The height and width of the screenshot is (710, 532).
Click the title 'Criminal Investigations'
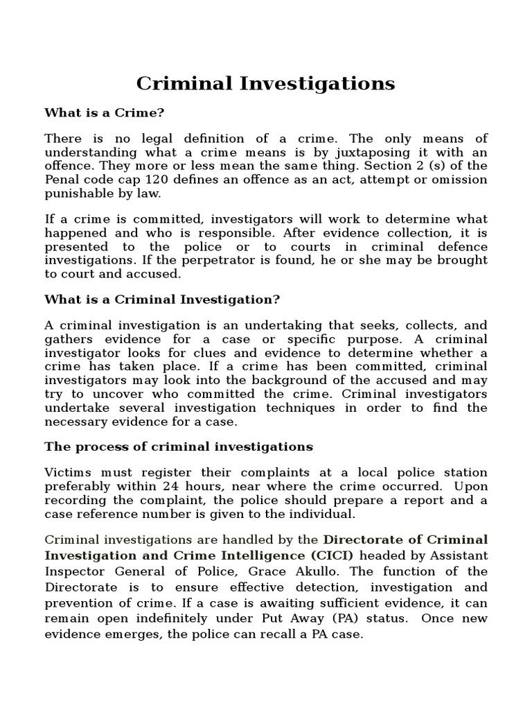click(265, 83)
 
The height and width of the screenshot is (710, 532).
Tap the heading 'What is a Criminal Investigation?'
click(162, 299)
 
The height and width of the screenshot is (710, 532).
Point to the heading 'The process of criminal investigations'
click(179, 446)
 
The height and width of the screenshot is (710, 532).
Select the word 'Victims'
click(66, 473)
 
